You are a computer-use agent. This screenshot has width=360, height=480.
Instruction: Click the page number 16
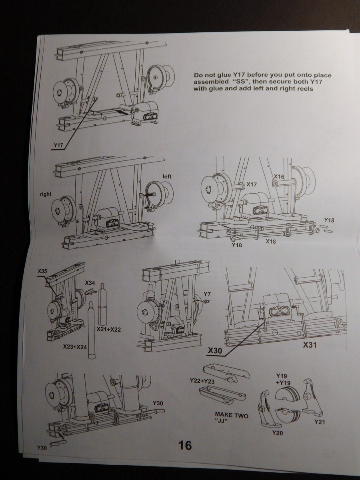tap(184, 445)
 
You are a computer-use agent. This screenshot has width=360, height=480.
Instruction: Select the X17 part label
tap(252, 184)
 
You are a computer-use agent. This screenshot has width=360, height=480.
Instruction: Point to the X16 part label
tap(279, 176)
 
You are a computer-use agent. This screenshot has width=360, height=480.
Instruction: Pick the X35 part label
tap(42, 271)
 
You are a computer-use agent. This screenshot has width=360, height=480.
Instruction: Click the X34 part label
tap(90, 283)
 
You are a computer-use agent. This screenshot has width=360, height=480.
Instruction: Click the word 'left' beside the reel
tap(167, 176)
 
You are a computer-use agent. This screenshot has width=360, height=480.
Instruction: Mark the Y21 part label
tap(320, 422)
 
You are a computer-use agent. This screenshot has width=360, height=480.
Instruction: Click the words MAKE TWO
tap(232, 416)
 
